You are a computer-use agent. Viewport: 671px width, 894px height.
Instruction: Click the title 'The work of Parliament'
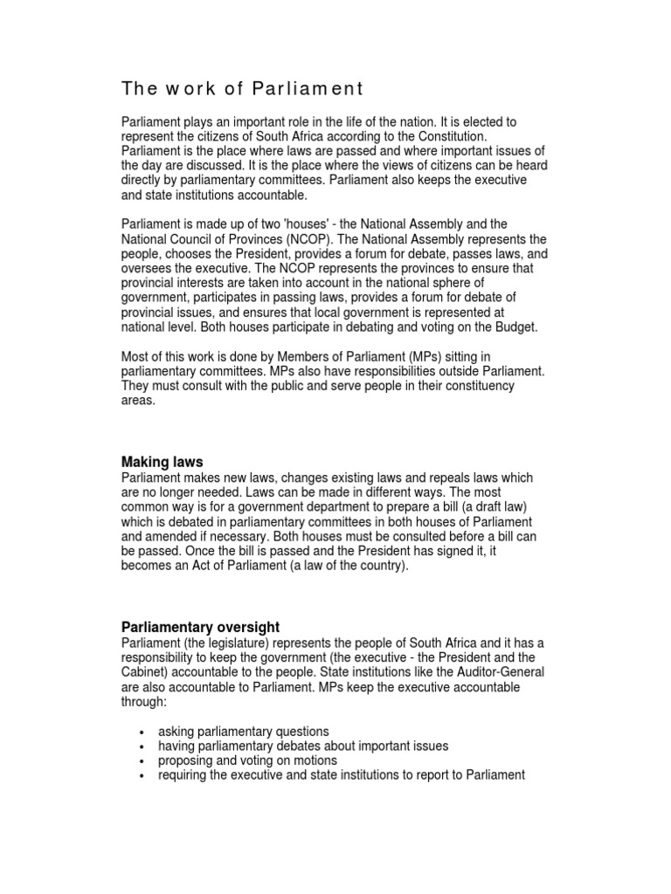click(241, 89)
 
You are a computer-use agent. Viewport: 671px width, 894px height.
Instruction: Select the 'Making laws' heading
click(162, 462)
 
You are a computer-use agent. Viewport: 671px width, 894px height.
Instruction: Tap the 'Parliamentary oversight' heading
click(200, 627)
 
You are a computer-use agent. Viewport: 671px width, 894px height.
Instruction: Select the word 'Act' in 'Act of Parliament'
click(214, 565)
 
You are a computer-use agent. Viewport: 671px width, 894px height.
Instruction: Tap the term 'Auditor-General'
click(499, 672)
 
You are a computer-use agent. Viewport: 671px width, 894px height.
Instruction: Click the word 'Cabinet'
click(144, 672)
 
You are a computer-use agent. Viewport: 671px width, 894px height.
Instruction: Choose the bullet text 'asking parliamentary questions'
click(244, 731)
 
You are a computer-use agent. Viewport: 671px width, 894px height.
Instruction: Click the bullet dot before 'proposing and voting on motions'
click(141, 761)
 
